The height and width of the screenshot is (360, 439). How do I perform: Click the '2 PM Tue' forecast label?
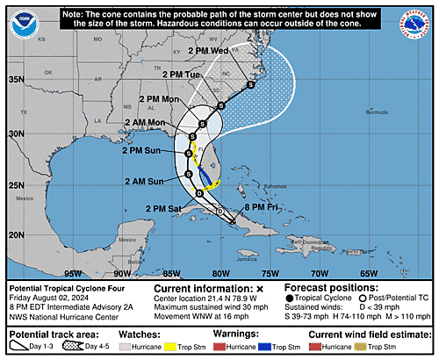click(x=183, y=75)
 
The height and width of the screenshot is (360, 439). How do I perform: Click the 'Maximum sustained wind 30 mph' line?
click(x=212, y=305)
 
